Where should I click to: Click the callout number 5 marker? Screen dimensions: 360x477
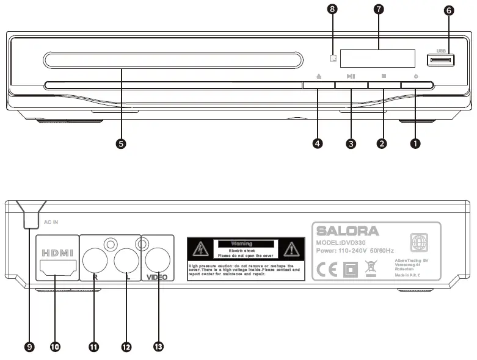pos(121,143)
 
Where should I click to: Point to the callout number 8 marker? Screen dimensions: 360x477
pos(332,10)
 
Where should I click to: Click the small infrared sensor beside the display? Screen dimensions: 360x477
pos(332,59)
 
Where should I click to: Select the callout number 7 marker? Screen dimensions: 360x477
pos(379,10)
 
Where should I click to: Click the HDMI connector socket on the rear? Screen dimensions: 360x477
pos(57,267)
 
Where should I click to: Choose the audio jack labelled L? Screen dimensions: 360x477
pos(126,261)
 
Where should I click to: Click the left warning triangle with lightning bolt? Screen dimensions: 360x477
pos(200,248)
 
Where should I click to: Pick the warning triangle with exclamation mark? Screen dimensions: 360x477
pos(291,248)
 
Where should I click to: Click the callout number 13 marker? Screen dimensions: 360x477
pos(158,347)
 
